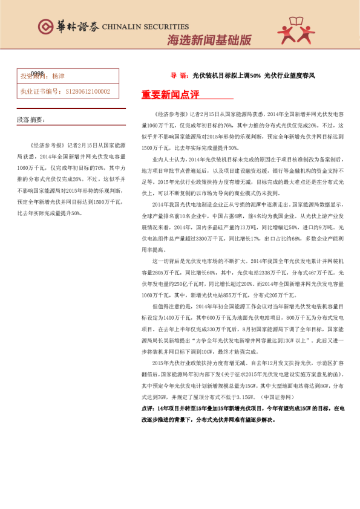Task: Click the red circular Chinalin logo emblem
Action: pos(45,27)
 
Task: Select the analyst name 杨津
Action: pos(58,77)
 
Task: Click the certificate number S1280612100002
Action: pos(87,91)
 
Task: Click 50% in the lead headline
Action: pos(254,76)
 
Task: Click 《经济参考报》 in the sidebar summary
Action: pos(47,146)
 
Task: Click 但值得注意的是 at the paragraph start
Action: pos(172,307)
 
